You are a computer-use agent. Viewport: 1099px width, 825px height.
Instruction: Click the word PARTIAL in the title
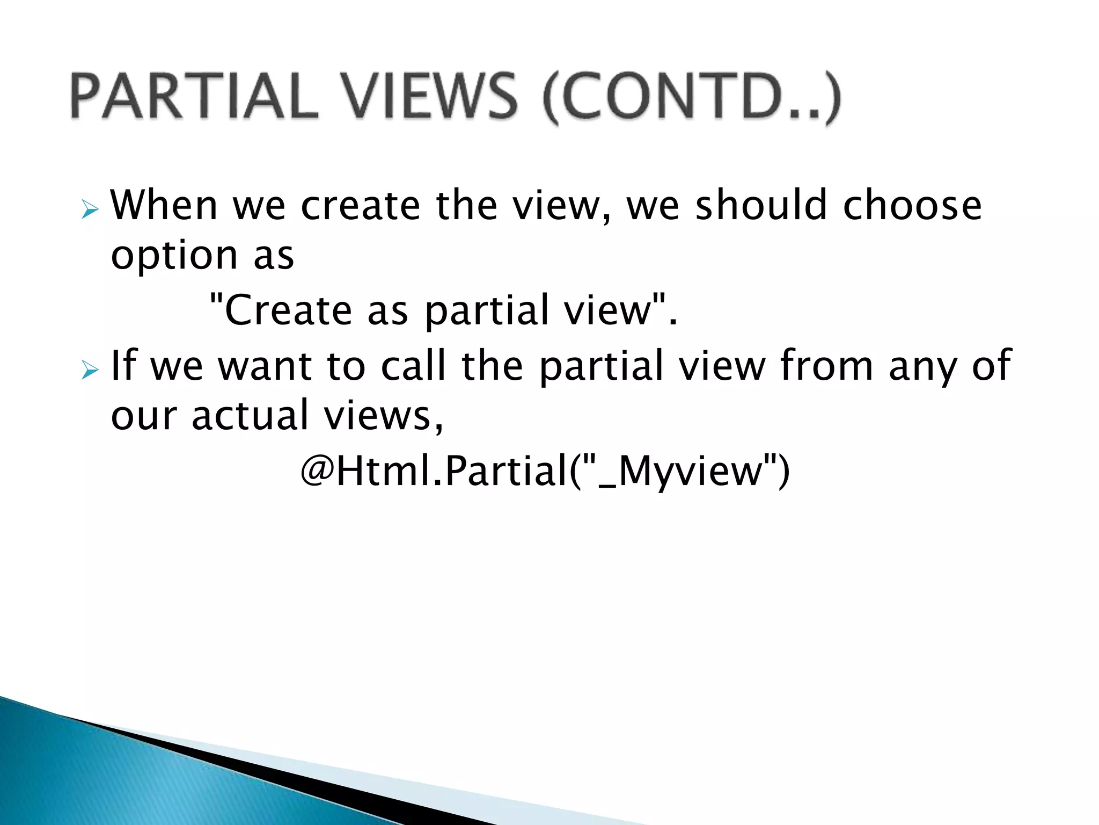pos(194,97)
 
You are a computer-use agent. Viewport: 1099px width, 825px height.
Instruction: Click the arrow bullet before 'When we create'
pos(90,210)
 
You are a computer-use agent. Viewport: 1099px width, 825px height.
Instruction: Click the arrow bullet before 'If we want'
pos(90,370)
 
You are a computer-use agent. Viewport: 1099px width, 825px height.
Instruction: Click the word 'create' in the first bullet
pos(360,206)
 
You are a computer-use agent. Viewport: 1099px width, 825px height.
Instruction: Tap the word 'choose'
pos(912,206)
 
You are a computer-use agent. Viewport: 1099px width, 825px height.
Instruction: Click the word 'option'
pos(174,257)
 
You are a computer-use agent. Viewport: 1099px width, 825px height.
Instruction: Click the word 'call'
pos(413,365)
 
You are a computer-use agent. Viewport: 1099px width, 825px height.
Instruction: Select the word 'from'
pos(826,365)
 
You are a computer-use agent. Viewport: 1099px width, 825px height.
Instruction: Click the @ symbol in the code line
pos(317,471)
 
